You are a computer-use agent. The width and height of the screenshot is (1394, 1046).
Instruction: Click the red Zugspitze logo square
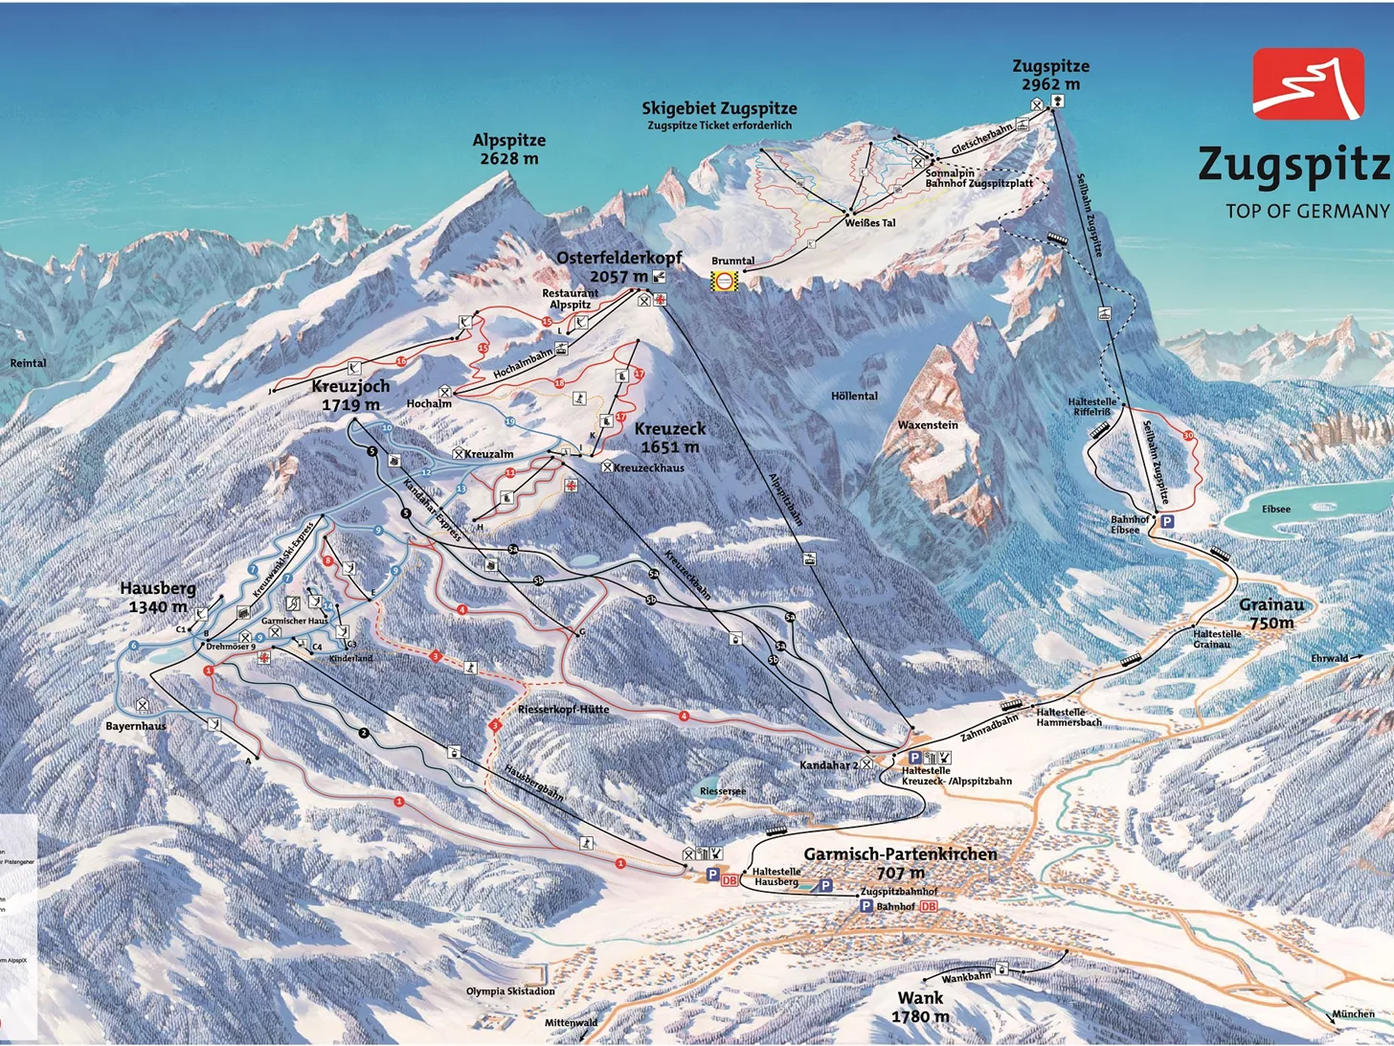tap(1308, 84)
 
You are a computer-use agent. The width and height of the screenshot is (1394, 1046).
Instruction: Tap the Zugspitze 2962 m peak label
tap(1050, 75)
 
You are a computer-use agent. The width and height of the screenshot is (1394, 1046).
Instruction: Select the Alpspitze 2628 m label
tap(508, 149)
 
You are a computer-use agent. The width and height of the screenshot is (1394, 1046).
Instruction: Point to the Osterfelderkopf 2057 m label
tap(618, 267)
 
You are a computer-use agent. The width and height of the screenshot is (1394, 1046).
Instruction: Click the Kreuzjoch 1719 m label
tap(350, 395)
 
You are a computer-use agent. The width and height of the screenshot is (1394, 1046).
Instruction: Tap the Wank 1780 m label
tap(920, 1007)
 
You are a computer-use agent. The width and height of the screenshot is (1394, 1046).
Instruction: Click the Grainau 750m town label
tap(1272, 613)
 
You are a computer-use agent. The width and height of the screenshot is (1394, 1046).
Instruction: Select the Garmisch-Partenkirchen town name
tap(900, 853)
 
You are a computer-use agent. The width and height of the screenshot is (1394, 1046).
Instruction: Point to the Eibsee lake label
tap(1275, 510)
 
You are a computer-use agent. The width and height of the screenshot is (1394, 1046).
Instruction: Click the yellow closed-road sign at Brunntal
tap(725, 280)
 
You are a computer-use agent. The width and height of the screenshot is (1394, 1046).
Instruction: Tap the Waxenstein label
tap(927, 424)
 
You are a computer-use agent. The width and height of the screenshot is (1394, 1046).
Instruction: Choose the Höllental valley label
tap(854, 396)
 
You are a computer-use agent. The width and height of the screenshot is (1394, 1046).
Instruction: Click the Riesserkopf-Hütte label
tap(563, 709)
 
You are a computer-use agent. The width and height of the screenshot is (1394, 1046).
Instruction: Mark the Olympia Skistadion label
tap(510, 991)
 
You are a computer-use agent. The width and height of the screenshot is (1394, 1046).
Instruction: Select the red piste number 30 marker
tap(1188, 436)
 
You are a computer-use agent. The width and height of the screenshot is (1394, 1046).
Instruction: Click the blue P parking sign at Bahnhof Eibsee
tap(1167, 521)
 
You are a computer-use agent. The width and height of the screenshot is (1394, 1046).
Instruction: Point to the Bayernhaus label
tap(136, 726)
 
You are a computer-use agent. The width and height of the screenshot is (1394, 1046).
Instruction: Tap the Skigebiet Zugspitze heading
tap(719, 108)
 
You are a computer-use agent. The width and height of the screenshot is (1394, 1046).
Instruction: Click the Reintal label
tap(28, 363)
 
